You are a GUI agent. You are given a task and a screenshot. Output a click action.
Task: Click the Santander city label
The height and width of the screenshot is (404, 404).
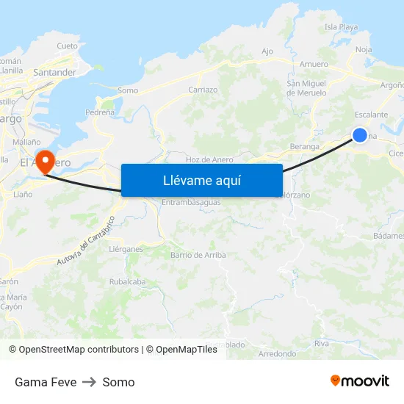pos(55,73)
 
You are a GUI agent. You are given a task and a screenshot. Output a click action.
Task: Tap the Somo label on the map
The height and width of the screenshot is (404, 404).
pos(127,90)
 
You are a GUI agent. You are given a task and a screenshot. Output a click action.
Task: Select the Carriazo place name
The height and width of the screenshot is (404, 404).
pos(203,90)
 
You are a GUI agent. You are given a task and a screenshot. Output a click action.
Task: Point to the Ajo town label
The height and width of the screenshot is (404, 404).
pos(267,51)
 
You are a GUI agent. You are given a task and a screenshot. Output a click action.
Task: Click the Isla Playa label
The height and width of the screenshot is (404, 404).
pos(341,27)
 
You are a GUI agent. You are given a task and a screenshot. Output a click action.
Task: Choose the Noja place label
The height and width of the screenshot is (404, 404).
pos(363,49)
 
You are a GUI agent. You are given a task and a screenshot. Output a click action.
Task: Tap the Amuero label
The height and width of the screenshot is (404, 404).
pos(314,65)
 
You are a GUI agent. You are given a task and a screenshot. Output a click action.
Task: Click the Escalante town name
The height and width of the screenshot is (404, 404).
pos(371,115)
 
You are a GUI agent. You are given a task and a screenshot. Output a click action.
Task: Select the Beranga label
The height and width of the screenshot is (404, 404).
pos(304,146)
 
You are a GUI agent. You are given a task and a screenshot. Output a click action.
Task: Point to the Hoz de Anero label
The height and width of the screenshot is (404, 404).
pos(209,159)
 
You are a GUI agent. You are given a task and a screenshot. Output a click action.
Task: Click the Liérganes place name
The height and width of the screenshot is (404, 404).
pos(126,249)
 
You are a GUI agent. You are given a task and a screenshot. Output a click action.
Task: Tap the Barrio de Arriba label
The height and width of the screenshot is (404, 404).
pos(198,255)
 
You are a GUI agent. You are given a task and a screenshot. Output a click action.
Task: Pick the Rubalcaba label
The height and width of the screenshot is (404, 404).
pos(127,281)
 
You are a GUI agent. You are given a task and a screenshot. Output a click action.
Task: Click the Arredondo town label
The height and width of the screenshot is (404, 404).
pos(277,353)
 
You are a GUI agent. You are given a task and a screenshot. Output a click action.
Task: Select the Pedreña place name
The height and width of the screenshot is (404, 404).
pos(100,112)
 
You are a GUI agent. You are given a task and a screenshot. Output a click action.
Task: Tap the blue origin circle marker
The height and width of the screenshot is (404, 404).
pos(360,134)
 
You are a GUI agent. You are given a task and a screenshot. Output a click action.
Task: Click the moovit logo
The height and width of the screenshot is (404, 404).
pos(360,381)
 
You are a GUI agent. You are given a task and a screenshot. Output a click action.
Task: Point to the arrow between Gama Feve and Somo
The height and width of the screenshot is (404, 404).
pos(90,382)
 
